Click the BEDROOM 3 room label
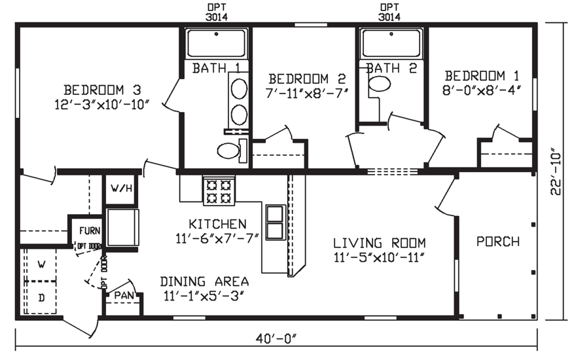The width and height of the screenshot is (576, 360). [x=102, y=90]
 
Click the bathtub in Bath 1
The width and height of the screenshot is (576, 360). [x=215, y=43]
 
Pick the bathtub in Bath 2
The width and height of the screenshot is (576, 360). [x=391, y=43]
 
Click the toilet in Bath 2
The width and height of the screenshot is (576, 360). [x=379, y=84]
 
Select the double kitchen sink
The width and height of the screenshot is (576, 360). [x=274, y=221]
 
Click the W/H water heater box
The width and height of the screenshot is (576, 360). [x=121, y=189]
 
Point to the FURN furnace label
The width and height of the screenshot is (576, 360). [x=90, y=231]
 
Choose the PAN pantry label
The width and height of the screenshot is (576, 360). [x=124, y=296]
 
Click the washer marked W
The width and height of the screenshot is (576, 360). [x=41, y=264]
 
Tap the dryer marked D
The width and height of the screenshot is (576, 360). [x=41, y=298]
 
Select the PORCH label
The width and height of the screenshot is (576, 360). [x=497, y=242]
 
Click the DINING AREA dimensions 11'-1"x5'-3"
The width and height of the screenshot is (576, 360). [x=204, y=295]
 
